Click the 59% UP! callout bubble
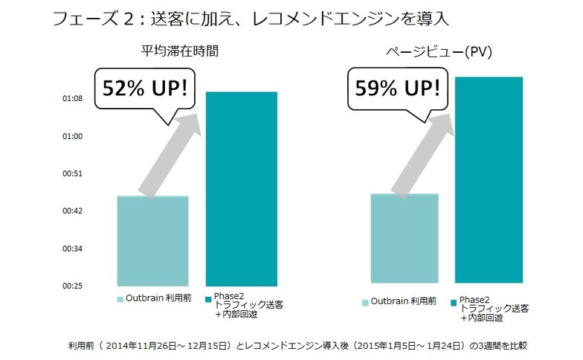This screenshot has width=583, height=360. click(x=393, y=89)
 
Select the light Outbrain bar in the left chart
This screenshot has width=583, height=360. click(x=152, y=242)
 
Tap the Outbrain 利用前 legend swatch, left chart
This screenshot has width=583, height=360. click(x=120, y=299)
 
